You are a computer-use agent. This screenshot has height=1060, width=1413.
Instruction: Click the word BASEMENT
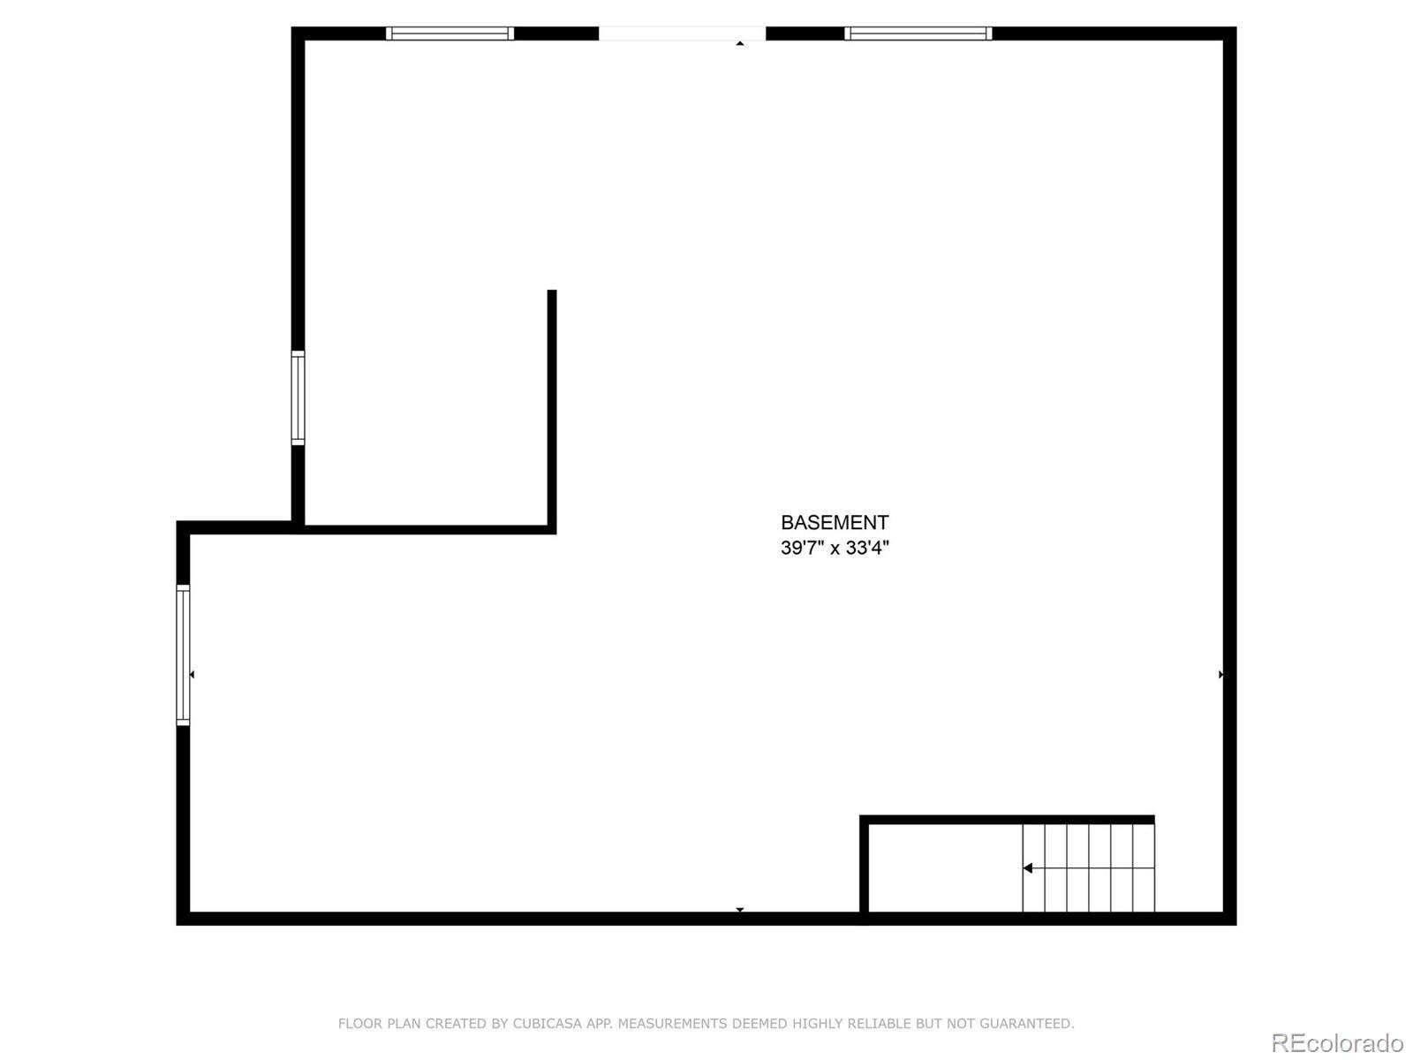(835, 523)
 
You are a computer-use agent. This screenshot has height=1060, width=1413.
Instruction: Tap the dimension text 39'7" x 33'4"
(835, 548)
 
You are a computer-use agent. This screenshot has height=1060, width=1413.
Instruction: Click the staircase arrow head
(1027, 868)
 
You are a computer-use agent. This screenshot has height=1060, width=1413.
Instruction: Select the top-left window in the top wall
(450, 34)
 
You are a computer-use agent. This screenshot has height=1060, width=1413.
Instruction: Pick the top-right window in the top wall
(918, 34)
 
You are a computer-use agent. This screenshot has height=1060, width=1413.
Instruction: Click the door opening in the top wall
(682, 34)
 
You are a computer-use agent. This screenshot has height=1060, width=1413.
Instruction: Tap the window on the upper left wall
(298, 397)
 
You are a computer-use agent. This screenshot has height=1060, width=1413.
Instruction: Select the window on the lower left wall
(183, 655)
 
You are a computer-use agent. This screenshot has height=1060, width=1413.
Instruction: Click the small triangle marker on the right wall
(1220, 675)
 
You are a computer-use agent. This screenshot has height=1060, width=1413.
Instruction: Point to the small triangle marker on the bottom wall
(740, 910)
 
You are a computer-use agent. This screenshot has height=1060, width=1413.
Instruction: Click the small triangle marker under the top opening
(740, 42)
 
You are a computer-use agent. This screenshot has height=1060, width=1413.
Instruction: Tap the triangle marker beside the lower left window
(192, 675)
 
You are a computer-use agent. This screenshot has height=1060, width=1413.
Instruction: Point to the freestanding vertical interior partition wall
(552, 406)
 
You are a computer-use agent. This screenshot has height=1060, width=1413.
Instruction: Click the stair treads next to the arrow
(1099, 868)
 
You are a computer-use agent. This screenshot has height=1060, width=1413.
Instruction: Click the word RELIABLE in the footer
(879, 1024)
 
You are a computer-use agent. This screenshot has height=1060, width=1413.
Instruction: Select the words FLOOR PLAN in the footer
(380, 1024)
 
